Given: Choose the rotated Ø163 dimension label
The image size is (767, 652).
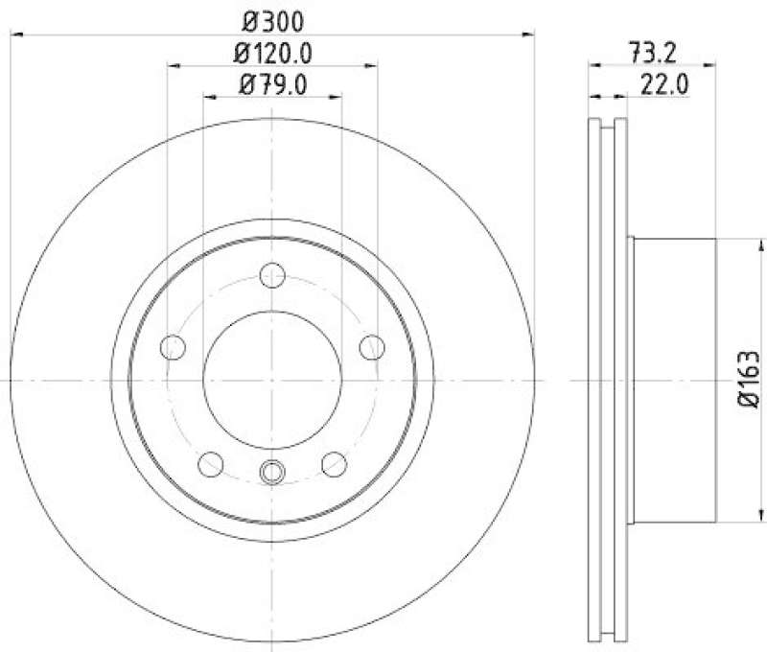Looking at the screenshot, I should pos(750,381).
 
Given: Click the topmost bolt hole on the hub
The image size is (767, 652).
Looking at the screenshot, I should pos(273,274).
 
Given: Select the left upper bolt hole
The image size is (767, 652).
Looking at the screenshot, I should pos(173,347).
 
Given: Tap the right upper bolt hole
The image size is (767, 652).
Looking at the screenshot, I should pos(372,347).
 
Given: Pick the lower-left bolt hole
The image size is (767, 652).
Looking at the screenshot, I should pos(210,465).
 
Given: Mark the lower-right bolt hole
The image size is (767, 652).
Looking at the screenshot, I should pos(334,465).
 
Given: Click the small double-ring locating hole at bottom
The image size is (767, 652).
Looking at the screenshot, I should pos(273,471).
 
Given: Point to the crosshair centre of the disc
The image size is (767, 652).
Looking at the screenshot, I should pos(272,381).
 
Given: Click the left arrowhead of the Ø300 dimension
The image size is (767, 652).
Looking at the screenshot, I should pos(16,35).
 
